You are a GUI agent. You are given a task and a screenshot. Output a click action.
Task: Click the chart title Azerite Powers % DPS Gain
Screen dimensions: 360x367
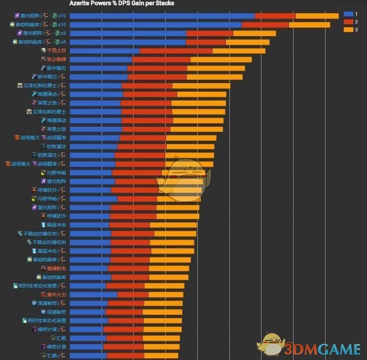[122, 3]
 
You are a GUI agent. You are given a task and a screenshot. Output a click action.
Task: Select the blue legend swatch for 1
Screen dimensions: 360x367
[346, 13]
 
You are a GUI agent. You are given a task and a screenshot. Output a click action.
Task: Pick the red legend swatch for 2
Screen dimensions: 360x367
[346, 21]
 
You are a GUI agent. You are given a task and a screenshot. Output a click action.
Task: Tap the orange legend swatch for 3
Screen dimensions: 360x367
[346, 29]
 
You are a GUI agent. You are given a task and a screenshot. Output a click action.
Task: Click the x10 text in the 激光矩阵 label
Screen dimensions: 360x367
[62, 15]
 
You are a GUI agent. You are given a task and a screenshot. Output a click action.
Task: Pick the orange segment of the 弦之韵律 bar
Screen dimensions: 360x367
[221, 59]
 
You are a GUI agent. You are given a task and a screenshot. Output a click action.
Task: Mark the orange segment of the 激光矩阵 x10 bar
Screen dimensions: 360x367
[317, 15]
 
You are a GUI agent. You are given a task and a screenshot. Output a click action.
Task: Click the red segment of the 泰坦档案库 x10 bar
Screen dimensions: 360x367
[265, 25]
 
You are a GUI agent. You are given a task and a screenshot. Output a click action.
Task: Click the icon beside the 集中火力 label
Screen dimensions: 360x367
[42, 295]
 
